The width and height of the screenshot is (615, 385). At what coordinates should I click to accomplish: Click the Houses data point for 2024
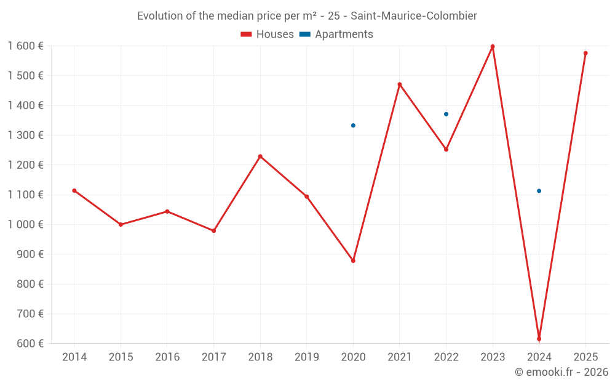point(539,339)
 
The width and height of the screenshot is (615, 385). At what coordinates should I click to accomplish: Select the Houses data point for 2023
point(493,47)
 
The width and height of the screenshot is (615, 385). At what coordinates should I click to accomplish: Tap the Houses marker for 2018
point(260,156)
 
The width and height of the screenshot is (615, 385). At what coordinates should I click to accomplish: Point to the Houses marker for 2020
point(353,261)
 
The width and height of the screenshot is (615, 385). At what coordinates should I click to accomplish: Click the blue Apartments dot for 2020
point(353,126)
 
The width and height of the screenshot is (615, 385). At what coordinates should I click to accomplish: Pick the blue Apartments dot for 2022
point(446,114)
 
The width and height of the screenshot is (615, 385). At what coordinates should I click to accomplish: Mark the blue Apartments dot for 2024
point(539,191)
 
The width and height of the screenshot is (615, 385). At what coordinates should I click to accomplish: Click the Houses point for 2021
point(400,84)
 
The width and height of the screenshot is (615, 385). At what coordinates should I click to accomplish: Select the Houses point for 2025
point(585,53)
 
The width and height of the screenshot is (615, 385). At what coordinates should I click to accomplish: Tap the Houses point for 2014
point(74,191)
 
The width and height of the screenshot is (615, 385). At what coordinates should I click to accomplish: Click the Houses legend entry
point(268,34)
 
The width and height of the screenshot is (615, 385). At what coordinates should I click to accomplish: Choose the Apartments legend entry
point(336,34)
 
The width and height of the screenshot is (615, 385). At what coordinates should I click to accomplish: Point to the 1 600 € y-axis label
point(25,46)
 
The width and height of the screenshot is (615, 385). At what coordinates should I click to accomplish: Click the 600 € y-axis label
point(30,344)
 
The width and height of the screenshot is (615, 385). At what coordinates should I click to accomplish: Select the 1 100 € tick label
point(25,195)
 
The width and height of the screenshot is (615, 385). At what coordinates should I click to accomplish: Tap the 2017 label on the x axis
point(213,357)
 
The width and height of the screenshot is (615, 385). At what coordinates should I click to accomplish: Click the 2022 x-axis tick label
point(446,357)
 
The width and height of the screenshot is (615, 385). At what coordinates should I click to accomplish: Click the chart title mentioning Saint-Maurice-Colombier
point(307,16)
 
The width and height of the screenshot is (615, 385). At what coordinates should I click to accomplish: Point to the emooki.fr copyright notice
point(561,372)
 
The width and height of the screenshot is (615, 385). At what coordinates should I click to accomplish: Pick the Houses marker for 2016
point(167,211)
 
